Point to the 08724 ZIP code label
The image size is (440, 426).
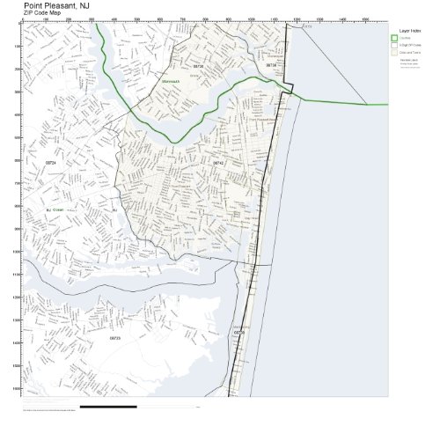(50, 163)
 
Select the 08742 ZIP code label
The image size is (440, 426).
(218, 163)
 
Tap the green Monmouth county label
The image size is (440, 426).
(172, 82)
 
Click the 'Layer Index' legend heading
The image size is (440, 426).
(408, 29)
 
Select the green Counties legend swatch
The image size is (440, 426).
(394, 37)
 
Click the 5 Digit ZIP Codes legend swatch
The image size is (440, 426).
(394, 45)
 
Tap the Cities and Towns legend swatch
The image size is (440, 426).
(394, 53)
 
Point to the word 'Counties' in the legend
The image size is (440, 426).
(406, 37)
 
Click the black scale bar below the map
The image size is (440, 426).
(107, 407)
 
